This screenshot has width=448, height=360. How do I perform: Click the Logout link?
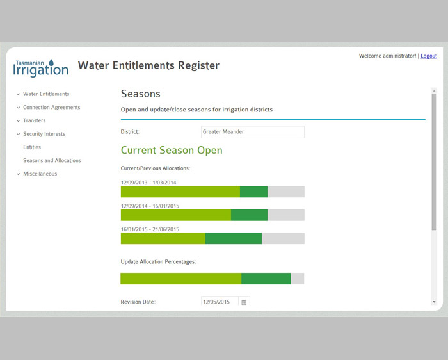pyautogui.click(x=429, y=56)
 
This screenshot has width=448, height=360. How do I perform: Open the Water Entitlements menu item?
pyautogui.click(x=46, y=94)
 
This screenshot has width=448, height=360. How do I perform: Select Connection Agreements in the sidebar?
pyautogui.click(x=51, y=108)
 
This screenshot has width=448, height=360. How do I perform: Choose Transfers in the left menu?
pyautogui.click(x=34, y=120)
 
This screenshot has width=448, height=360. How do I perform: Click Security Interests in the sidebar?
pyautogui.click(x=44, y=134)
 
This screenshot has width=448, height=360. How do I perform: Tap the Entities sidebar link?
pyautogui.click(x=32, y=147)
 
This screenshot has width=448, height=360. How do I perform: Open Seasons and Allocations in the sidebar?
pyautogui.click(x=52, y=161)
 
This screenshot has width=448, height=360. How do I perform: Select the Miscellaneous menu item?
pyautogui.click(x=40, y=174)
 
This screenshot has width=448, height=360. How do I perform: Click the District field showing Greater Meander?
pyautogui.click(x=252, y=132)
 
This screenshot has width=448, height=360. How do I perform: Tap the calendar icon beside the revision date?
pyautogui.click(x=244, y=302)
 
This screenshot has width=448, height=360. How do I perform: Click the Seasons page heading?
pyautogui.click(x=140, y=94)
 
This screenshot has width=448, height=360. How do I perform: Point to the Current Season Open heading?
pyautogui.click(x=172, y=151)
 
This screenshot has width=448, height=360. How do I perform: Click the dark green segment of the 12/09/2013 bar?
pyautogui.click(x=253, y=192)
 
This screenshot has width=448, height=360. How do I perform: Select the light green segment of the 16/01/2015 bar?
pyautogui.click(x=163, y=238)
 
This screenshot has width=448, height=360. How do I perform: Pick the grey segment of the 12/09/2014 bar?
pyautogui.click(x=285, y=215)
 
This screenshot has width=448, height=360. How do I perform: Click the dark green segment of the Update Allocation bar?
pyautogui.click(x=266, y=279)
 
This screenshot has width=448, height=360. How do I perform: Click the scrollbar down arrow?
pyautogui.click(x=434, y=301)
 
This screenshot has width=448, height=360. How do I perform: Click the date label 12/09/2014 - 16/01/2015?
pyautogui.click(x=150, y=206)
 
